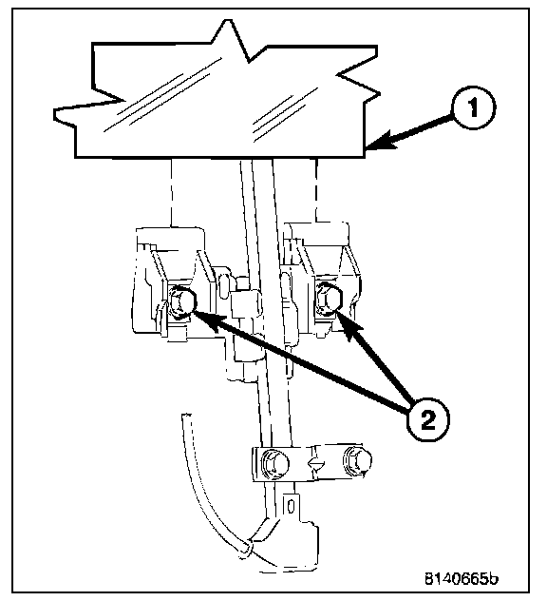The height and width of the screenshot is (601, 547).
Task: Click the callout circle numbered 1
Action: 474,107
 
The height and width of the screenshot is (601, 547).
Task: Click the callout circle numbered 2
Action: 427,421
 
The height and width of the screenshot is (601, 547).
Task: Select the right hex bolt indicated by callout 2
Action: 329,299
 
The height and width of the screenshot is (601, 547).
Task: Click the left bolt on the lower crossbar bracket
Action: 273,463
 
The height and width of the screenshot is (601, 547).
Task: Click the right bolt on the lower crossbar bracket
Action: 358,459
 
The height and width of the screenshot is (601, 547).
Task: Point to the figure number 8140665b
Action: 462,578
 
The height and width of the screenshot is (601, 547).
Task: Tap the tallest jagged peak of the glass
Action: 230,22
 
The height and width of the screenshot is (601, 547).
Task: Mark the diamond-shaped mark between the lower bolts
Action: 316,465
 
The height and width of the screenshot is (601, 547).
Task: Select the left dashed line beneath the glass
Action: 172,192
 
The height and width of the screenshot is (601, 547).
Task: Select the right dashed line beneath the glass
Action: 316,190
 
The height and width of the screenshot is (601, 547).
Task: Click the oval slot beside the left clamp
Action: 225,284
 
